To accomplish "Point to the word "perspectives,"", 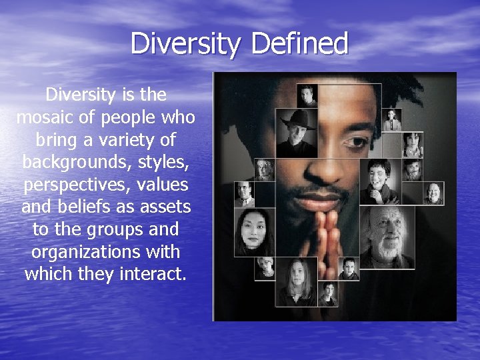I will (69, 185).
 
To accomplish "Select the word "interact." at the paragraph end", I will (153, 274).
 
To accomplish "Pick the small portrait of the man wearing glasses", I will (245, 193).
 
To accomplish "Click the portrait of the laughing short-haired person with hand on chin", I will (379, 181).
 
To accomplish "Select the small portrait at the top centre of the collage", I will (307, 95).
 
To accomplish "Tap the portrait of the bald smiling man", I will (433, 193).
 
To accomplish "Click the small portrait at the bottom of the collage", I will (329, 294).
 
